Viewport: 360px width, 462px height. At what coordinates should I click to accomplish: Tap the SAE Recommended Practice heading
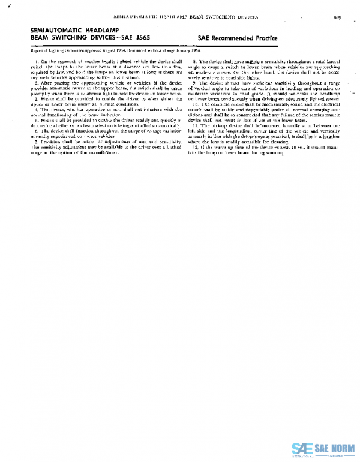pyautogui.click(x=237, y=38)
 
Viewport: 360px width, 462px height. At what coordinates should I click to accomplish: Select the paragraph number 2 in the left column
pyautogui.click(x=36, y=82)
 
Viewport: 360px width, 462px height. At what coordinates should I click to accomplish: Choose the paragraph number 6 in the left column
pyautogui.click(x=36, y=130)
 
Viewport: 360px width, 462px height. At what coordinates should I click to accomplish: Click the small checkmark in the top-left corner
pyautogui.click(x=4, y=5)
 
